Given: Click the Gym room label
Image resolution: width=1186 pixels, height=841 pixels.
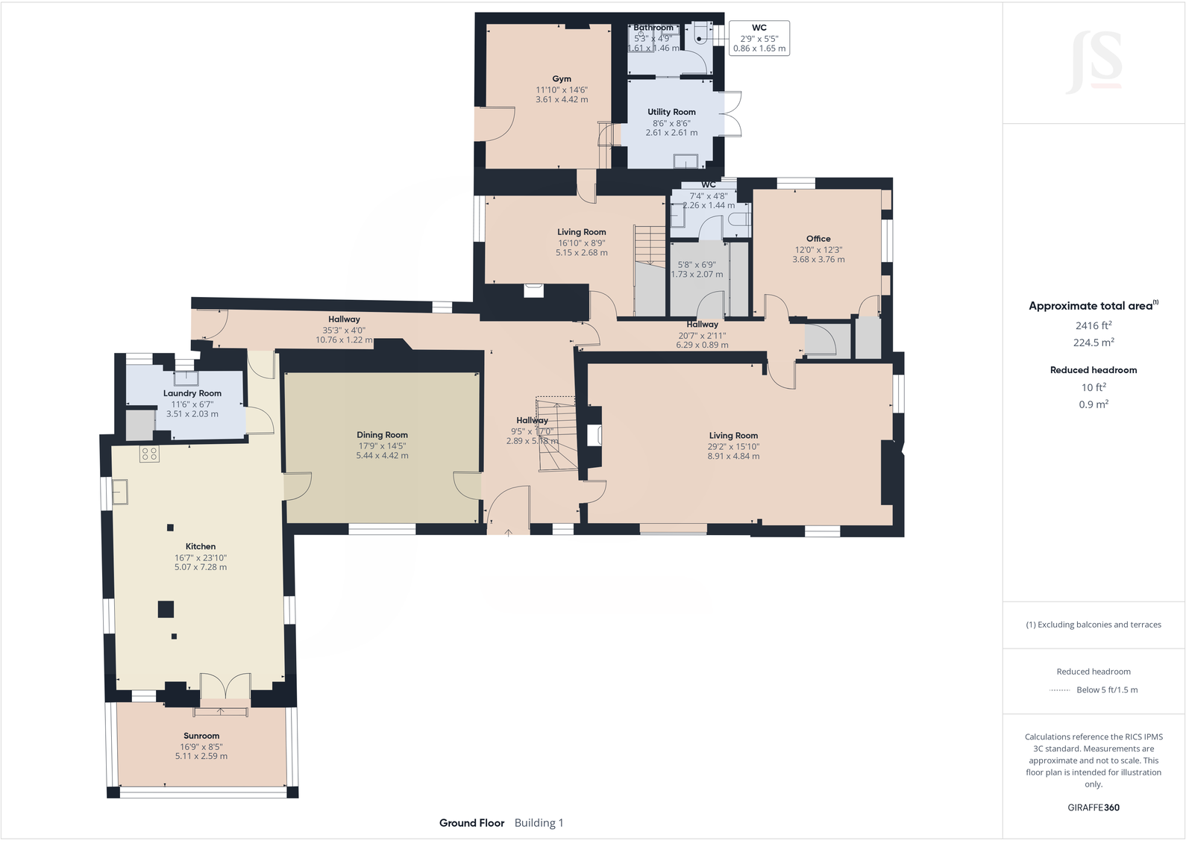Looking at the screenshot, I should (562, 79).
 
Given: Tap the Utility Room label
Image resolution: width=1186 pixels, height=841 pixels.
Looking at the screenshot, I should (671, 112).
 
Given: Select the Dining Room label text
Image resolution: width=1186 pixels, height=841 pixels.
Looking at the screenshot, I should (382, 435).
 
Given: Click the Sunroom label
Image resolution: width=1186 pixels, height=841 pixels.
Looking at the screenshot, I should (201, 736).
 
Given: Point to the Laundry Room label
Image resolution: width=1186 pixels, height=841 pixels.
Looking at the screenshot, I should (192, 393).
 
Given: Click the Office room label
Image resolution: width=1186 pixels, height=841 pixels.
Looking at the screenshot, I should (818, 239).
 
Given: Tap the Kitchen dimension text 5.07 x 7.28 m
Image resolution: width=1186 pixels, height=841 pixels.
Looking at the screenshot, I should (201, 567).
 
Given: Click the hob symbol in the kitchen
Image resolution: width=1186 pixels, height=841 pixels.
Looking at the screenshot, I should (149, 454).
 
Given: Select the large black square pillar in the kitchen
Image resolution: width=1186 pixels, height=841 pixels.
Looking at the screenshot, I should (166, 609).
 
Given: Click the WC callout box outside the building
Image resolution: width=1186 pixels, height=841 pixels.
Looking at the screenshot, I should (759, 38).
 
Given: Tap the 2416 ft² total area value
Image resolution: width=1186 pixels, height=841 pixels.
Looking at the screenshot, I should (1094, 325).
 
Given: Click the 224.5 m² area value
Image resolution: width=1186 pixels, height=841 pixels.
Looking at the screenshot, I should (1094, 343).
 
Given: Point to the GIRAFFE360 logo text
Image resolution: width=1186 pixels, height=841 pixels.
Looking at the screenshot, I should (1094, 807).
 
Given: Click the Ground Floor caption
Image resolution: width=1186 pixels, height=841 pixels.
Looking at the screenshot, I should (471, 823).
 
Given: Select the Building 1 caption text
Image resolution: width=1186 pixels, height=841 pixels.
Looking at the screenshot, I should (539, 823).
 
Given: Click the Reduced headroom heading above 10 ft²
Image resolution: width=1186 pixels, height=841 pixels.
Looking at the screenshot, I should (1094, 370).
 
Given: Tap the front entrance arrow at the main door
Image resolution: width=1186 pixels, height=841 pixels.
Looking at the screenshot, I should (509, 532).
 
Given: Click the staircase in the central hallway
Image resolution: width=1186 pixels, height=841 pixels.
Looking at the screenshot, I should (556, 436).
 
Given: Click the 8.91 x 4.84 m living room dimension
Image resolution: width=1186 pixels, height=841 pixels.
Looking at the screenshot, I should (733, 456).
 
